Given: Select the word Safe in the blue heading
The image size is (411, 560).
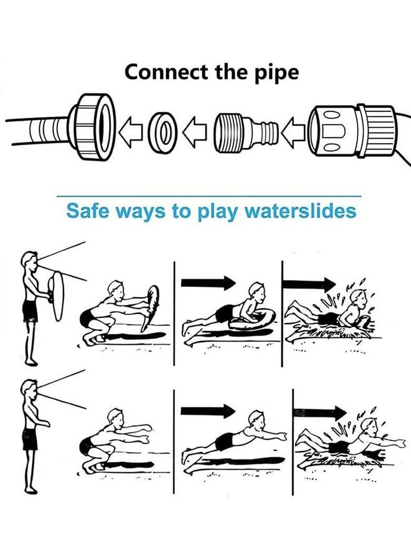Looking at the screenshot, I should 87,210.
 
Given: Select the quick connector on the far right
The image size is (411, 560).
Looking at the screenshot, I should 352,131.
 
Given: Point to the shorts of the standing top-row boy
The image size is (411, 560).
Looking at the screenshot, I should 31,310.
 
